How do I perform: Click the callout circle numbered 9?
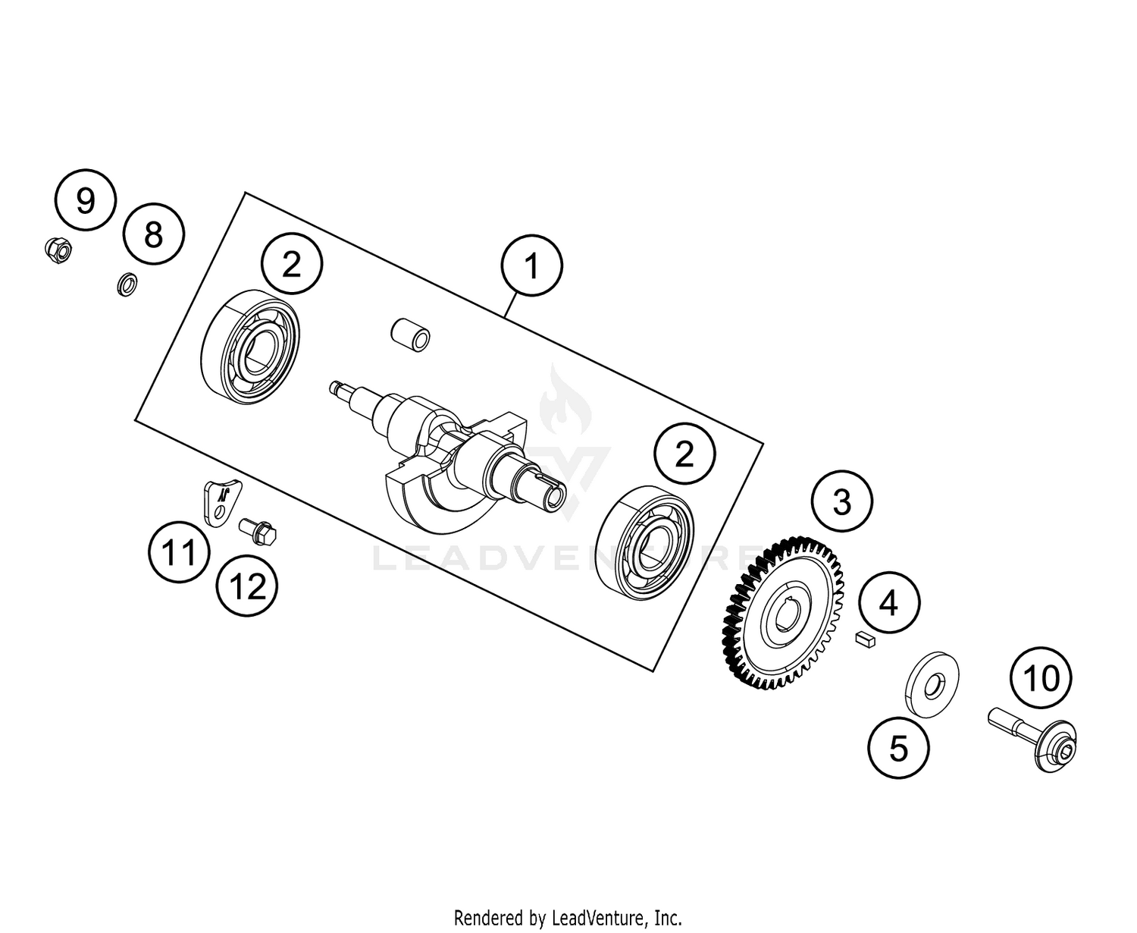point(86,202)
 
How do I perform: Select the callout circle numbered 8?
point(154,234)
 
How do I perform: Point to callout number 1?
point(531,267)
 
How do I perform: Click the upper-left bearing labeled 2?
point(251,345)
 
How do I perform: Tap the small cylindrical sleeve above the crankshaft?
point(410,335)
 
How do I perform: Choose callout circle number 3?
point(841,502)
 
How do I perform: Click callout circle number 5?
point(898,749)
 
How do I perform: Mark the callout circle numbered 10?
point(1041,678)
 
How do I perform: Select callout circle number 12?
point(247,586)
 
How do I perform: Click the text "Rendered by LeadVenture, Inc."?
point(568,918)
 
